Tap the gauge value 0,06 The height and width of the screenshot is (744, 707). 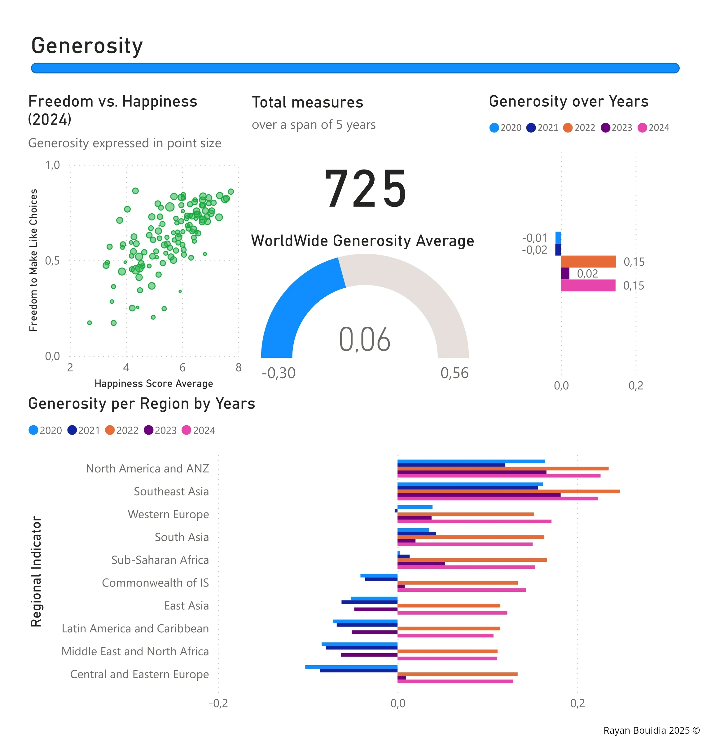364,339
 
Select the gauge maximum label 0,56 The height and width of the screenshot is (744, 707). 454,373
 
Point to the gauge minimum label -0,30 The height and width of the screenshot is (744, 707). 279,373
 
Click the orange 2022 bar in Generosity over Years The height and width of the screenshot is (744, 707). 588,262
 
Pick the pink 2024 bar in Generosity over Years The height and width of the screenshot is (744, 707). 588,286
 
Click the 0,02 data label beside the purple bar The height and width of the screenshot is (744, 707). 587,274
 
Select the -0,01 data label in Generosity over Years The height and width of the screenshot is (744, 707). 534,238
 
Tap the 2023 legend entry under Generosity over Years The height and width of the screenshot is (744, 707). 617,128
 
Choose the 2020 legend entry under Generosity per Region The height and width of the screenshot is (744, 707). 45,430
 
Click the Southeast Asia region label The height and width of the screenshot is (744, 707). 171,491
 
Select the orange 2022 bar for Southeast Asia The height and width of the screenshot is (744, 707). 508,491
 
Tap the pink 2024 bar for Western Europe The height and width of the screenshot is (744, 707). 474,521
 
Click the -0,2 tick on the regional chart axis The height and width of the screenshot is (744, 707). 218,703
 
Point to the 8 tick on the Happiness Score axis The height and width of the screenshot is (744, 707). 239,368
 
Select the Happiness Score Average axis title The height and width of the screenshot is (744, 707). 154,383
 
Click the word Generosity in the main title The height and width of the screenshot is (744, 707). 87,46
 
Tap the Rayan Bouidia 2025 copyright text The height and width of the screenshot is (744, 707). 651,730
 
